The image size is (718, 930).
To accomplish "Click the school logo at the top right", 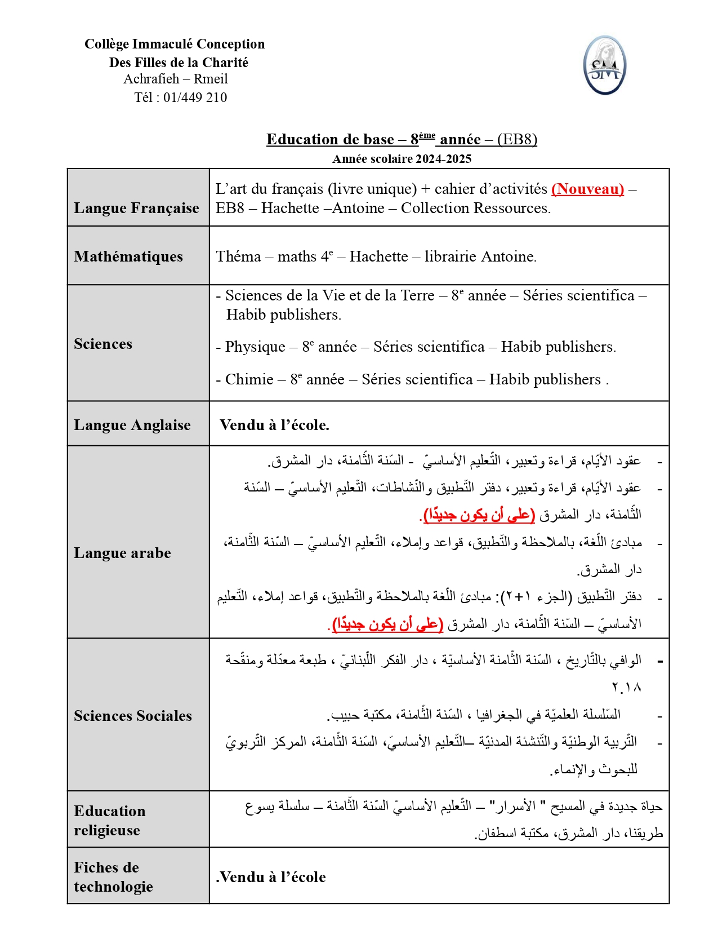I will pos(604,65).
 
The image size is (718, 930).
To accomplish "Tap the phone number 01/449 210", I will pos(195,98).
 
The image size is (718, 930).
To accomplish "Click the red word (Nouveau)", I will pos(587,189).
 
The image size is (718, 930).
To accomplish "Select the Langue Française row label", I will pos(136,208).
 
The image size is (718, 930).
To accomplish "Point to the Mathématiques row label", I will pos(128,256).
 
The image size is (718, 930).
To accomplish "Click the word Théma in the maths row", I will pos(238,256).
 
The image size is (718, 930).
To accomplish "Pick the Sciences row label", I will pos(103,344).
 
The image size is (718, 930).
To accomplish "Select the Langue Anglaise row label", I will pos(132,425).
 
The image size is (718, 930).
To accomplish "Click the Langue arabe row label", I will pos(122,553).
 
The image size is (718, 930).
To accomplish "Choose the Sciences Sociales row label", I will pos(133,716).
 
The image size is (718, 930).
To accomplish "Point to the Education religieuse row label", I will pos(110,821).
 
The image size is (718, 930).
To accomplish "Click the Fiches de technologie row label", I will pos(113,877).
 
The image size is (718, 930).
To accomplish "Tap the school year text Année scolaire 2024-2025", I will pos(402,159).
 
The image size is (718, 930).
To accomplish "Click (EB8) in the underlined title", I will pos(517,139).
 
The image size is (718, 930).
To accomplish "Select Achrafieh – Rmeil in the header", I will pos(176,79).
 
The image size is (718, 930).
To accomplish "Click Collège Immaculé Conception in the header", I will pos(175,44).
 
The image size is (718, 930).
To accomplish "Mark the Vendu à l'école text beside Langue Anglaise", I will pos(274,425).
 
